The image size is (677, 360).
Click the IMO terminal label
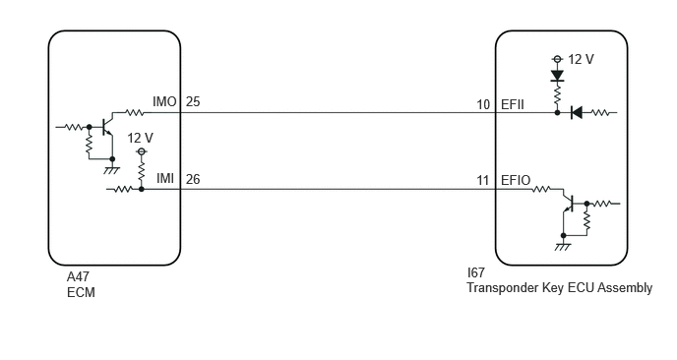point(164,102)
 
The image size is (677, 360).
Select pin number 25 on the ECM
point(193,102)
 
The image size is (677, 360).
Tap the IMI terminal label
point(165,178)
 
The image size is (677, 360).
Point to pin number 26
point(193,179)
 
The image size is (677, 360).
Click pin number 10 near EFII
point(483,104)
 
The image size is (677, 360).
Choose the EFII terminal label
point(513,104)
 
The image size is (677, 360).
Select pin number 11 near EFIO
point(483,180)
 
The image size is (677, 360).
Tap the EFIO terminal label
point(516,180)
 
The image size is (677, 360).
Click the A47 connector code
point(78,276)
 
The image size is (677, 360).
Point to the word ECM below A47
point(81,292)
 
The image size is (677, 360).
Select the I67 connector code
point(476,272)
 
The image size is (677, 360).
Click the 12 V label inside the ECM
point(140,138)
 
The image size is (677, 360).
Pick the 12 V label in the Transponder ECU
point(581,59)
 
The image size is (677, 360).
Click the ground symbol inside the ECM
point(112,169)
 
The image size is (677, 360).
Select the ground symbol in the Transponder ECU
point(563,247)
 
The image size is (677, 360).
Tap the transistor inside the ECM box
point(108,127)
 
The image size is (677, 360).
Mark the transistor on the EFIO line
point(569,204)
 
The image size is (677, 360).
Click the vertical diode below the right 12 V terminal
point(557,76)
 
